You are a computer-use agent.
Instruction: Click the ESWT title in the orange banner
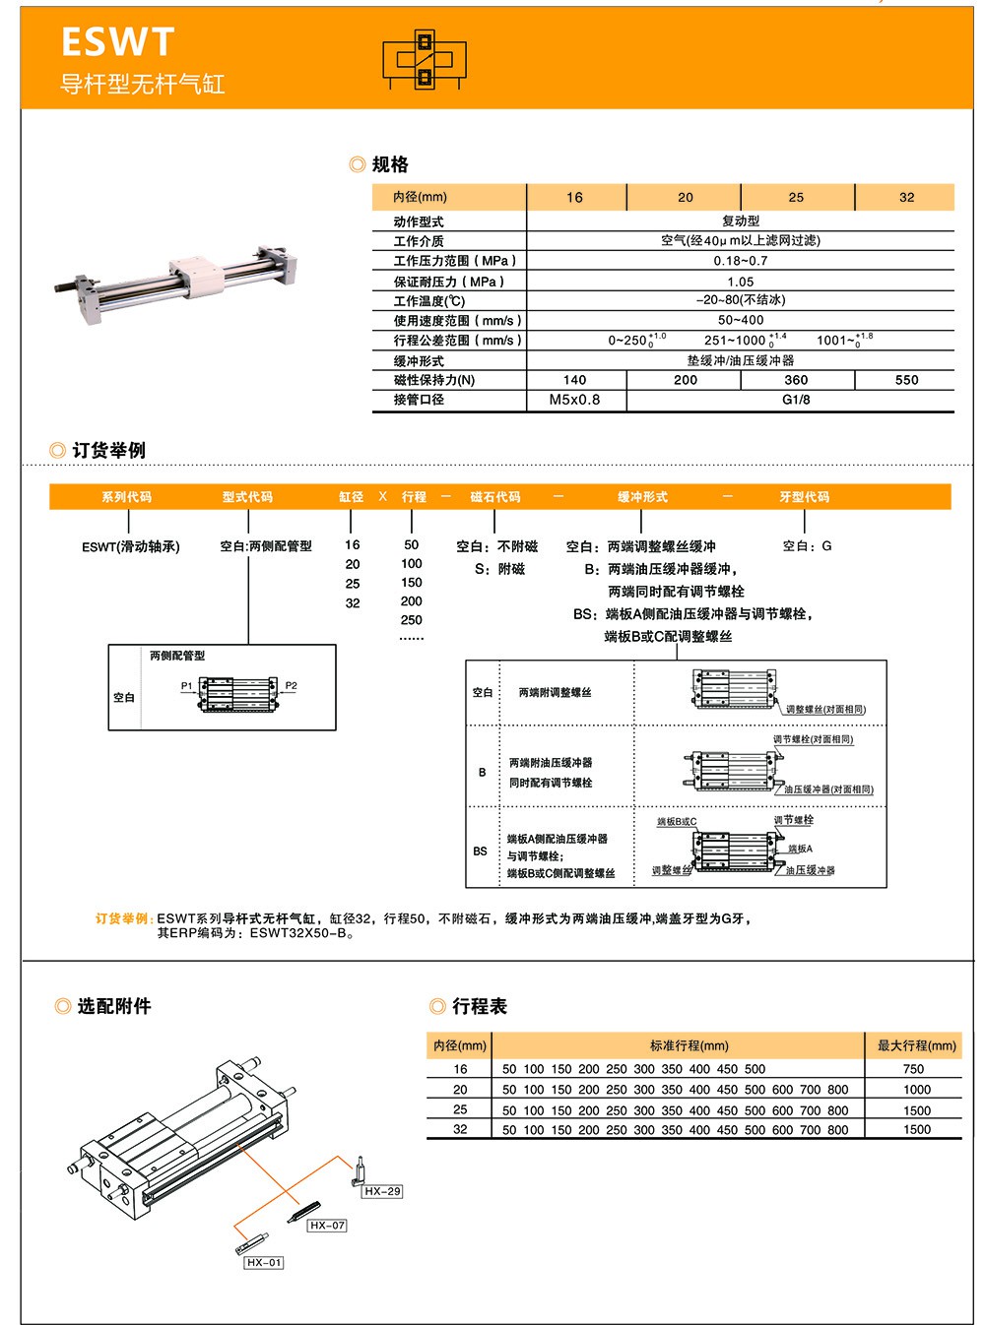[x=117, y=42]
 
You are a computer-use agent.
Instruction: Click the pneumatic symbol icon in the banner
[x=425, y=60]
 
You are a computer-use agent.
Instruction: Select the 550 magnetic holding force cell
[x=906, y=380]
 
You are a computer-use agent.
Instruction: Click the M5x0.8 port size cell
[x=574, y=400]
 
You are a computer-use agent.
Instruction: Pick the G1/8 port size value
[x=795, y=400]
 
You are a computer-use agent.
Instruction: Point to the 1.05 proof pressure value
[x=740, y=282]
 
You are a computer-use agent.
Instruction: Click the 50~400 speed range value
[x=740, y=320]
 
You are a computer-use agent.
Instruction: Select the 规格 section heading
[x=390, y=164]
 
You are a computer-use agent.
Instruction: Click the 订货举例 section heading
[x=108, y=450]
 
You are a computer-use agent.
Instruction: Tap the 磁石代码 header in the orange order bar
[x=494, y=497]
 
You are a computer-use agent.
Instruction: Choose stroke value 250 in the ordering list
[x=412, y=620]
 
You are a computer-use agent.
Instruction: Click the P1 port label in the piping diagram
[x=186, y=686]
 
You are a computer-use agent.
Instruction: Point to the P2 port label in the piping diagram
[x=291, y=686]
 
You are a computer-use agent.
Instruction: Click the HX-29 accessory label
[x=382, y=1191]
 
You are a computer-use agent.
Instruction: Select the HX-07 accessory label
[x=327, y=1226]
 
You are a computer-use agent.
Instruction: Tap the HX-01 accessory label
[x=264, y=1262]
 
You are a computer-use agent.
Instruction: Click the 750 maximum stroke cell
[x=913, y=1069]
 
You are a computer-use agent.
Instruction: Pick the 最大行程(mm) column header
[x=916, y=1045]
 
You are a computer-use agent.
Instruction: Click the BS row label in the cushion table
[x=480, y=852]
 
